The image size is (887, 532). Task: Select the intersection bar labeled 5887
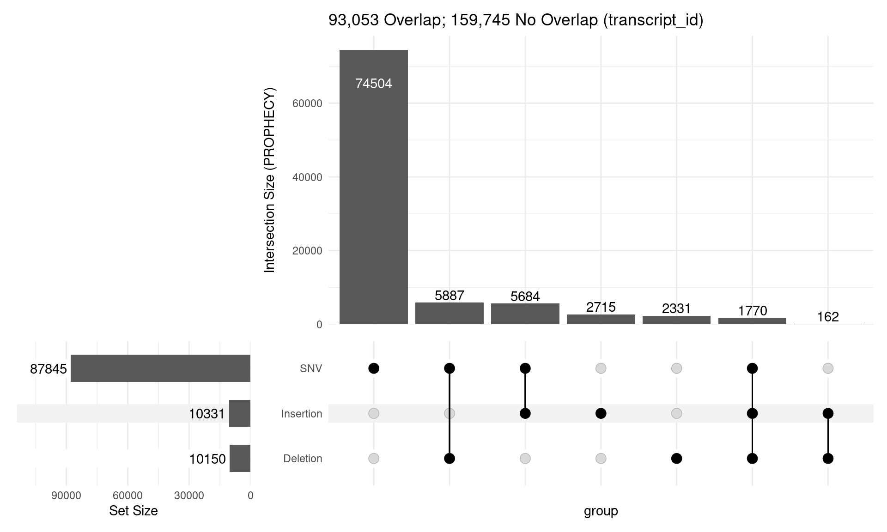click(449, 314)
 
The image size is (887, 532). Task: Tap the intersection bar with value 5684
click(525, 314)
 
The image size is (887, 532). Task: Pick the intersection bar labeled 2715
click(601, 319)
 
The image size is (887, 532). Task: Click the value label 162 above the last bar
click(827, 317)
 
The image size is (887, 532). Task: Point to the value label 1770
click(752, 311)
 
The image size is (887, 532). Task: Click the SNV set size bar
click(160, 368)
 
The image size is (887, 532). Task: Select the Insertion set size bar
click(240, 413)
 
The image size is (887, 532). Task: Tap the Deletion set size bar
click(240, 459)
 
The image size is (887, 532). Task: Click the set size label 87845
click(49, 369)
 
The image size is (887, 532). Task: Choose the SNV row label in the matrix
click(310, 369)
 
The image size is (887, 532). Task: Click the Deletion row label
click(303, 459)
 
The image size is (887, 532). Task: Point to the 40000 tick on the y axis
click(307, 177)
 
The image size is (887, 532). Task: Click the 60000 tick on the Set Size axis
click(128, 496)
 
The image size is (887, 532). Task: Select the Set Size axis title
click(134, 511)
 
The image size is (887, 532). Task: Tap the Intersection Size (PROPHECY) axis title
click(269, 180)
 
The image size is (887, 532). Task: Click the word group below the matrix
click(601, 511)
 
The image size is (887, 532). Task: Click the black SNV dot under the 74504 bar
click(374, 368)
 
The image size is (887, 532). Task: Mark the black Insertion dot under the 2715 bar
click(601, 413)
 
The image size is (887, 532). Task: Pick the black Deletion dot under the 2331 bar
click(676, 459)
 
